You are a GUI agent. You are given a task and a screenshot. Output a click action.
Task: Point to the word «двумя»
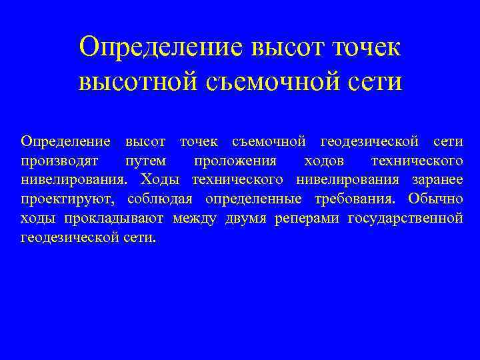[246, 218]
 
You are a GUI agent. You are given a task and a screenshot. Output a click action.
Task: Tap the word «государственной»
[405, 218]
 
